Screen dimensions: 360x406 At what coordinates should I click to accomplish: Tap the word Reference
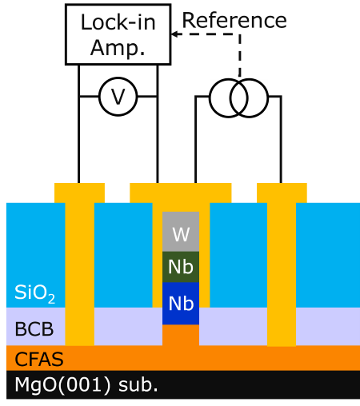[234, 21]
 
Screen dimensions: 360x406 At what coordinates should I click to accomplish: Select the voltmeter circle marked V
[118, 97]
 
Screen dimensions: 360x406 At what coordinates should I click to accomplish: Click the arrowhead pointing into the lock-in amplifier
[174, 34]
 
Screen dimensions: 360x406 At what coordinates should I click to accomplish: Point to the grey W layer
[181, 232]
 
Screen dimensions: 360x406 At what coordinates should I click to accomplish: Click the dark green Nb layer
[181, 267]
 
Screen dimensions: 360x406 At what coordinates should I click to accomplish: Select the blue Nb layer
[181, 303]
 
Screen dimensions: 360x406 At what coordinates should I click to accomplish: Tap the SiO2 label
[34, 293]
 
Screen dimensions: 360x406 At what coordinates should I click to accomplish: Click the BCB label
[34, 329]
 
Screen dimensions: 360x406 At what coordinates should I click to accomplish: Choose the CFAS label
[39, 359]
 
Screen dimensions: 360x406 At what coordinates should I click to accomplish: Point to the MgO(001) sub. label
[86, 385]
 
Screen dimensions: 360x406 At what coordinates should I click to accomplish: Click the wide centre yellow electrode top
[181, 193]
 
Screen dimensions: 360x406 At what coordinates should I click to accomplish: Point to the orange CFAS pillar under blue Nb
[181, 335]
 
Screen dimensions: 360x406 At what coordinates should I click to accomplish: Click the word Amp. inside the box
[118, 48]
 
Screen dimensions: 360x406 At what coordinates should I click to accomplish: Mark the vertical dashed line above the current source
[240, 56]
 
